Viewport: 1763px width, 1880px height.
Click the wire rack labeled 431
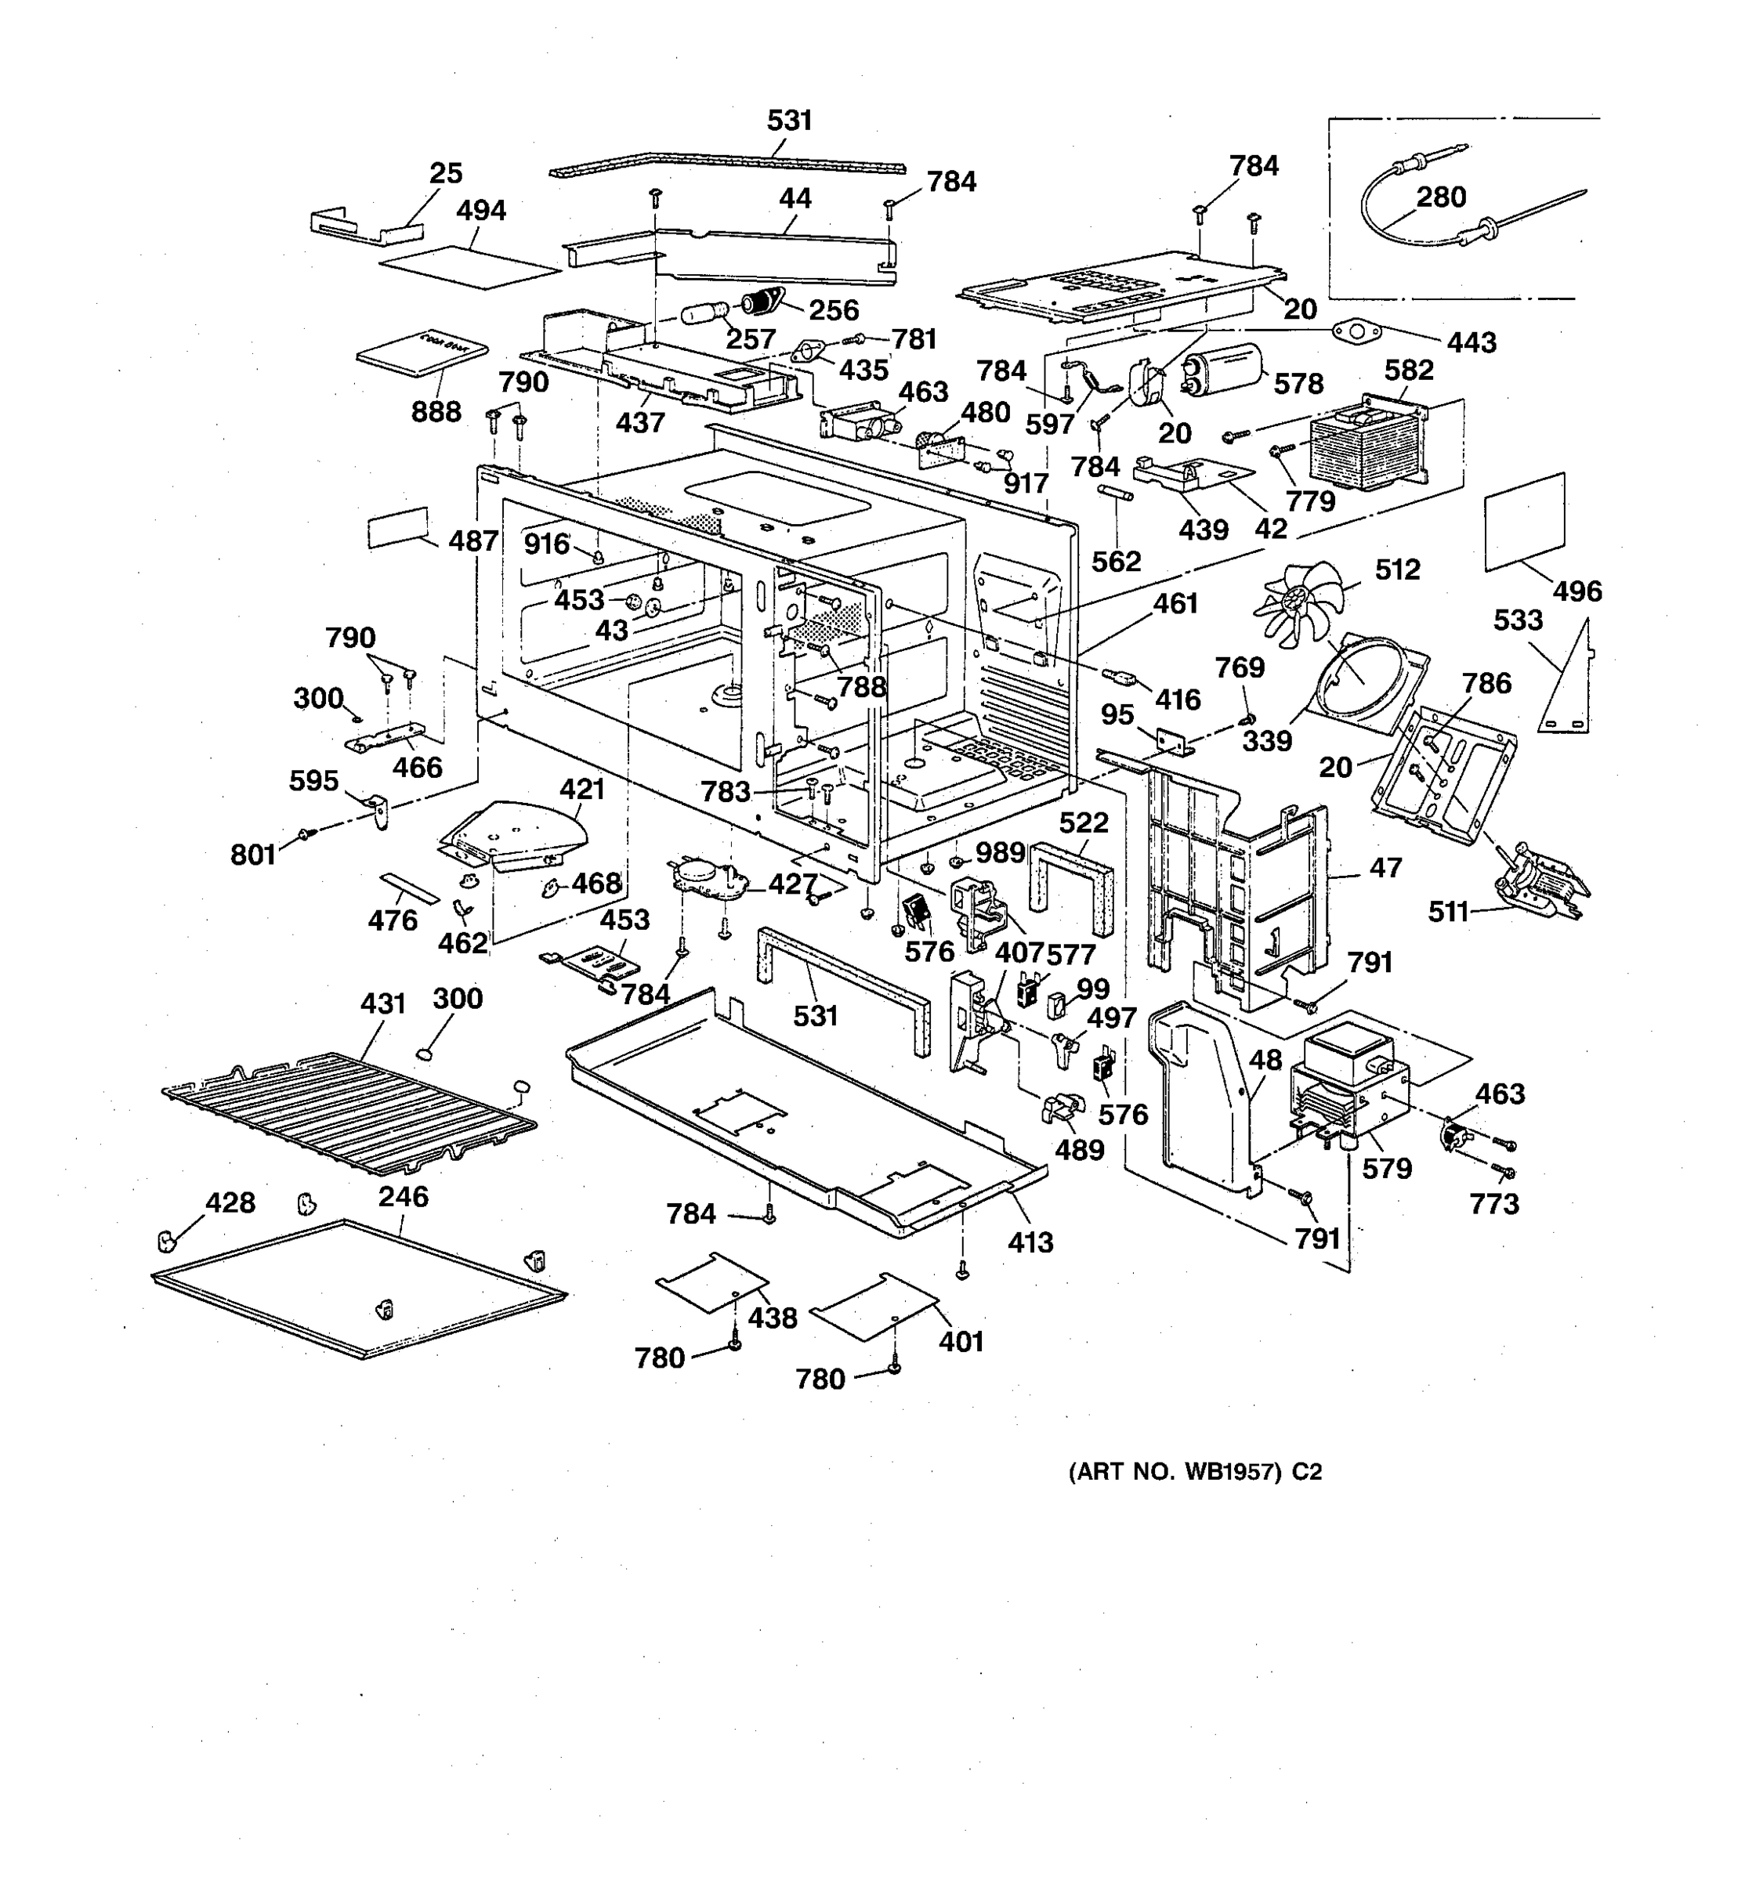click(350, 1112)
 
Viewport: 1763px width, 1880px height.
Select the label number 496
click(1577, 591)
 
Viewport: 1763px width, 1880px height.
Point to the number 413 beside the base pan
click(1030, 1242)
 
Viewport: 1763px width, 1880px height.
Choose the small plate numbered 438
click(711, 1282)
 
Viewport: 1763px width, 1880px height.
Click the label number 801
click(252, 855)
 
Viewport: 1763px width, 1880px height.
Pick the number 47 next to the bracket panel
click(1385, 867)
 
